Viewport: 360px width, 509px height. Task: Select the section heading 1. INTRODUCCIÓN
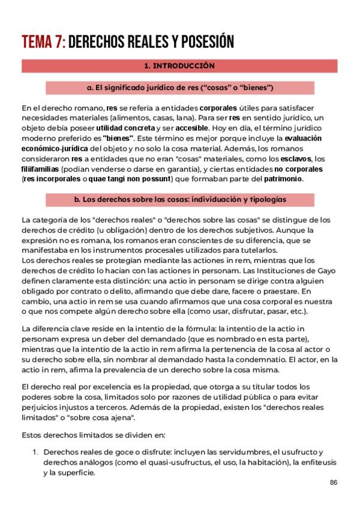[x=179, y=65]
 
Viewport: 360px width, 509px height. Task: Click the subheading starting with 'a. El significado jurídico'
[x=179, y=88]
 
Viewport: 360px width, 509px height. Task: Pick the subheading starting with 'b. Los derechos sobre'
[x=179, y=199]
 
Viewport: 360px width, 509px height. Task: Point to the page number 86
[x=334, y=483]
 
